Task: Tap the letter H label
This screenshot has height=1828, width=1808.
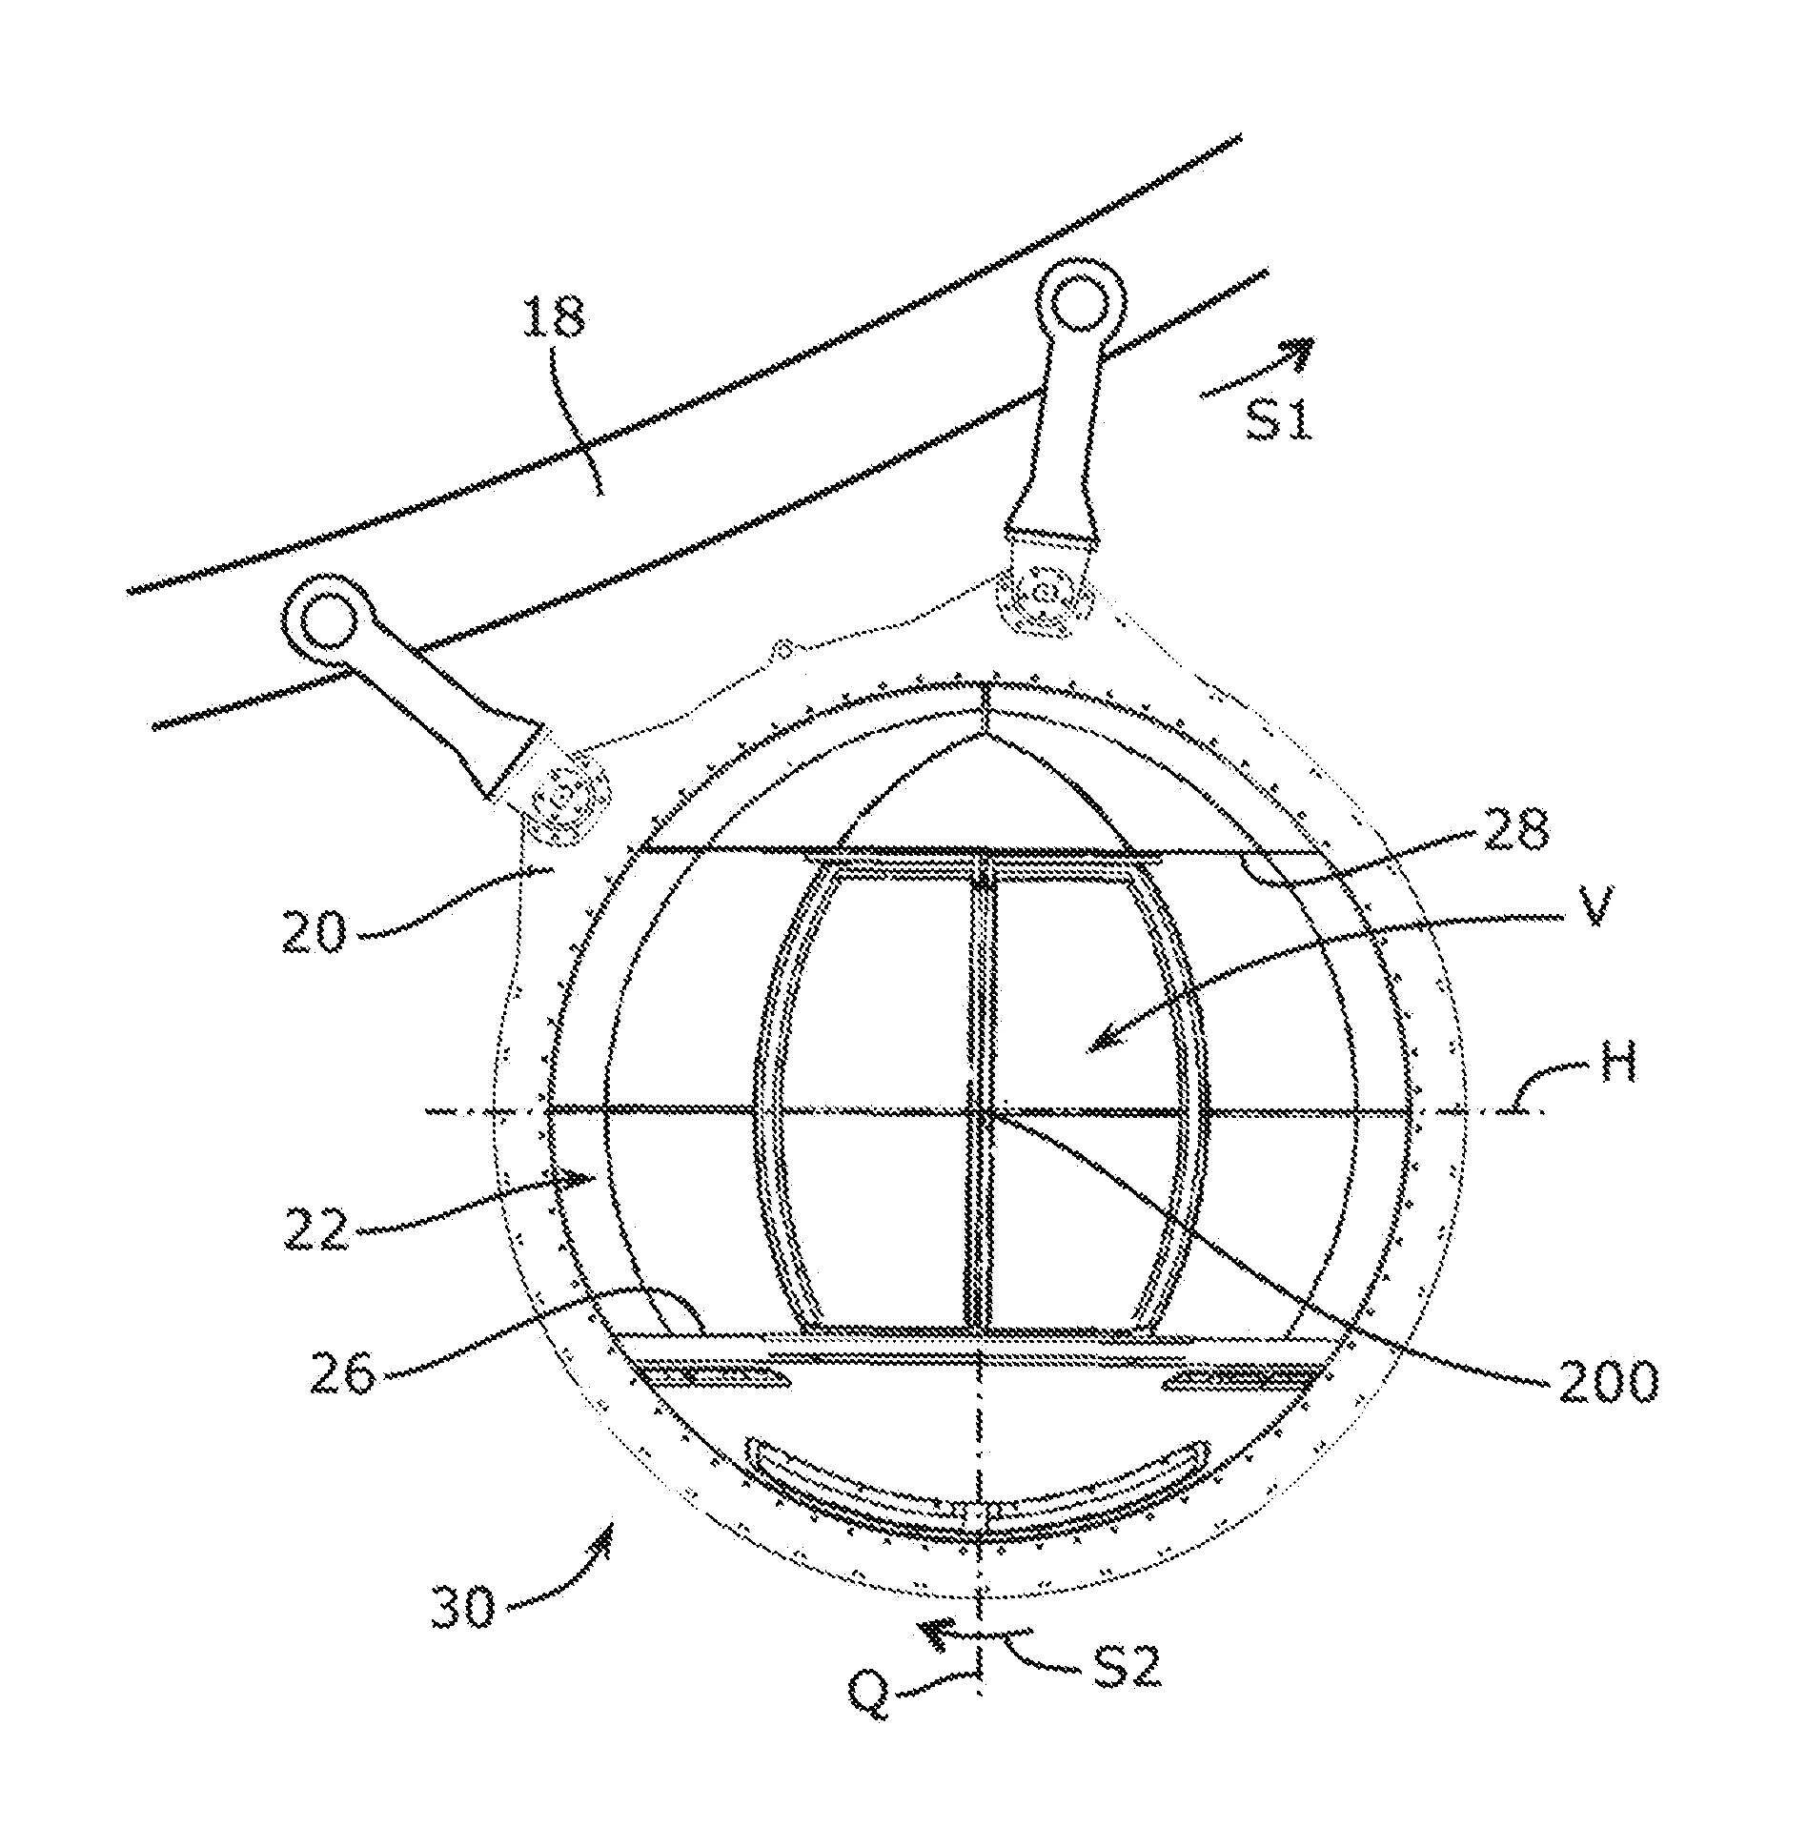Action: (1610, 1063)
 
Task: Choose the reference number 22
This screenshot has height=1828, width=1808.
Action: (318, 1230)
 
